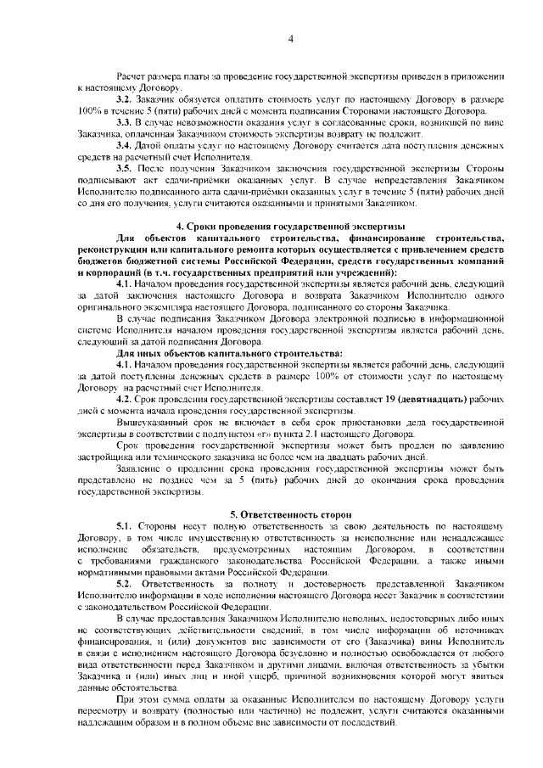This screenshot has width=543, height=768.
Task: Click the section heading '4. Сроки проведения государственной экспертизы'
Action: [x=288, y=227]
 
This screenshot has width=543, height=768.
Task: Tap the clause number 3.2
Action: [x=126, y=99]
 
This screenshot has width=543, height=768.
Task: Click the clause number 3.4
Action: [x=126, y=145]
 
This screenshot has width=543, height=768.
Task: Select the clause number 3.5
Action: [x=126, y=169]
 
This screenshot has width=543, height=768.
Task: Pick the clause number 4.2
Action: [x=126, y=398]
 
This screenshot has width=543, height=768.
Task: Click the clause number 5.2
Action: [x=126, y=586]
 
